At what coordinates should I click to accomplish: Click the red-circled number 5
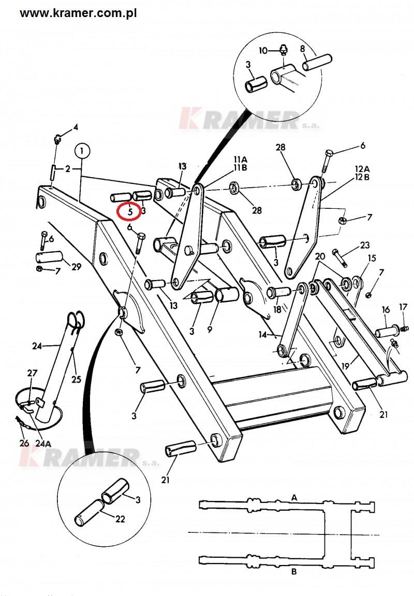130,212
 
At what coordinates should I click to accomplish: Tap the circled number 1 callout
82,151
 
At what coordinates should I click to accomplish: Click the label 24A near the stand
43,443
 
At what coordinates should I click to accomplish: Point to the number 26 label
24,443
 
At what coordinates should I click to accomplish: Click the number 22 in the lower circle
120,518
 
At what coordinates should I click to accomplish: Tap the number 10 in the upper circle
263,50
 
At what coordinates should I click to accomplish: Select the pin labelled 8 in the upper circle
317,63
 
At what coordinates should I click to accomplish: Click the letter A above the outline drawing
294,497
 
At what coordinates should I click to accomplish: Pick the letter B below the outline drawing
294,571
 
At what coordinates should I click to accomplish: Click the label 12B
362,177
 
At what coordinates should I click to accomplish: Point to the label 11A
240,159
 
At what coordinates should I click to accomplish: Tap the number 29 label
77,267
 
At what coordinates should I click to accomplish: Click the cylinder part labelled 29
49,257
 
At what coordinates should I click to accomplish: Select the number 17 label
403,307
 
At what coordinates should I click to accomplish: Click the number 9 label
210,330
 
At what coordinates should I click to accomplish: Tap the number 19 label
346,366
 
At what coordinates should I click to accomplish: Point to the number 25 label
77,379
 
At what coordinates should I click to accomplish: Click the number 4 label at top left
76,127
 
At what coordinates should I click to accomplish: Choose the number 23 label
364,245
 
